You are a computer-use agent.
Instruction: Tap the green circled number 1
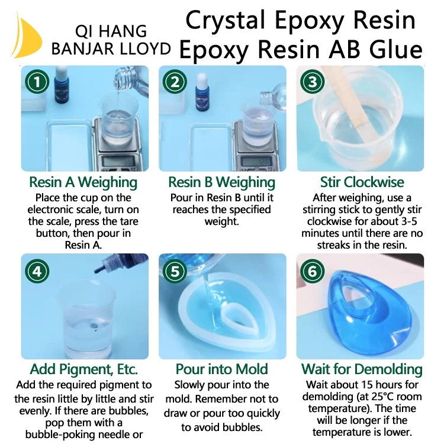[37, 82]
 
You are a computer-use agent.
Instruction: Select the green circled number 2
[175, 82]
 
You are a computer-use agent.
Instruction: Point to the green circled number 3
[313, 82]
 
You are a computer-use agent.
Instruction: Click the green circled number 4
[37, 271]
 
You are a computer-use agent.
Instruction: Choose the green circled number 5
[175, 271]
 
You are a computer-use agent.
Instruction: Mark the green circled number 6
[313, 271]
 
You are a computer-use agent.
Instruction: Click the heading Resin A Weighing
[83, 182]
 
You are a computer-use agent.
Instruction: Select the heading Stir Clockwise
[362, 182]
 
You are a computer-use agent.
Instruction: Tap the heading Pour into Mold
[222, 369]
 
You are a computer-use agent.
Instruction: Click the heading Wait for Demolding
[362, 369]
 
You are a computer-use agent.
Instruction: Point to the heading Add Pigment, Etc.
[84, 369]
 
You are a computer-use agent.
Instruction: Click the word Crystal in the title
[226, 20]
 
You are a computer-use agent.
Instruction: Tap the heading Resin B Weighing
[222, 182]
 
